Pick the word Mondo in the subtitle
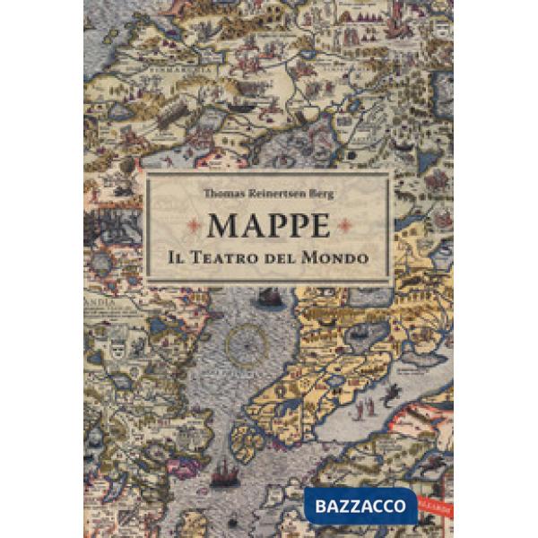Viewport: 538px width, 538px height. coord(337,256)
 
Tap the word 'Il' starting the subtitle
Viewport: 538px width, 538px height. coord(177,256)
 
